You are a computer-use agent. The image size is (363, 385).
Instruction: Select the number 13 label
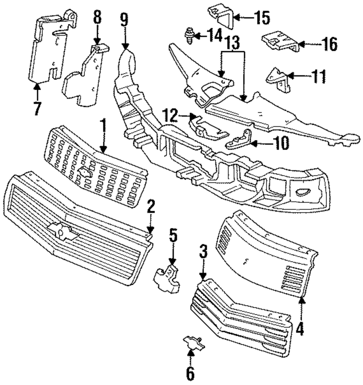232,42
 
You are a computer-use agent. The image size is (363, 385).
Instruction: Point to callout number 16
330,45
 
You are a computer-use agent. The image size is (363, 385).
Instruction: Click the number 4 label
300,329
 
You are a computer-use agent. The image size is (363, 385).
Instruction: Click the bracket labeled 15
221,16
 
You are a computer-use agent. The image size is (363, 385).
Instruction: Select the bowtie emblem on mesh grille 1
85,171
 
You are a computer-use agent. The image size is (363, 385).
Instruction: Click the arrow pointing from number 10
262,143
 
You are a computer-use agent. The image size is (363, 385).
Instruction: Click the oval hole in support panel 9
303,192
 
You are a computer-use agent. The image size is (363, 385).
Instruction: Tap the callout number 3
203,251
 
